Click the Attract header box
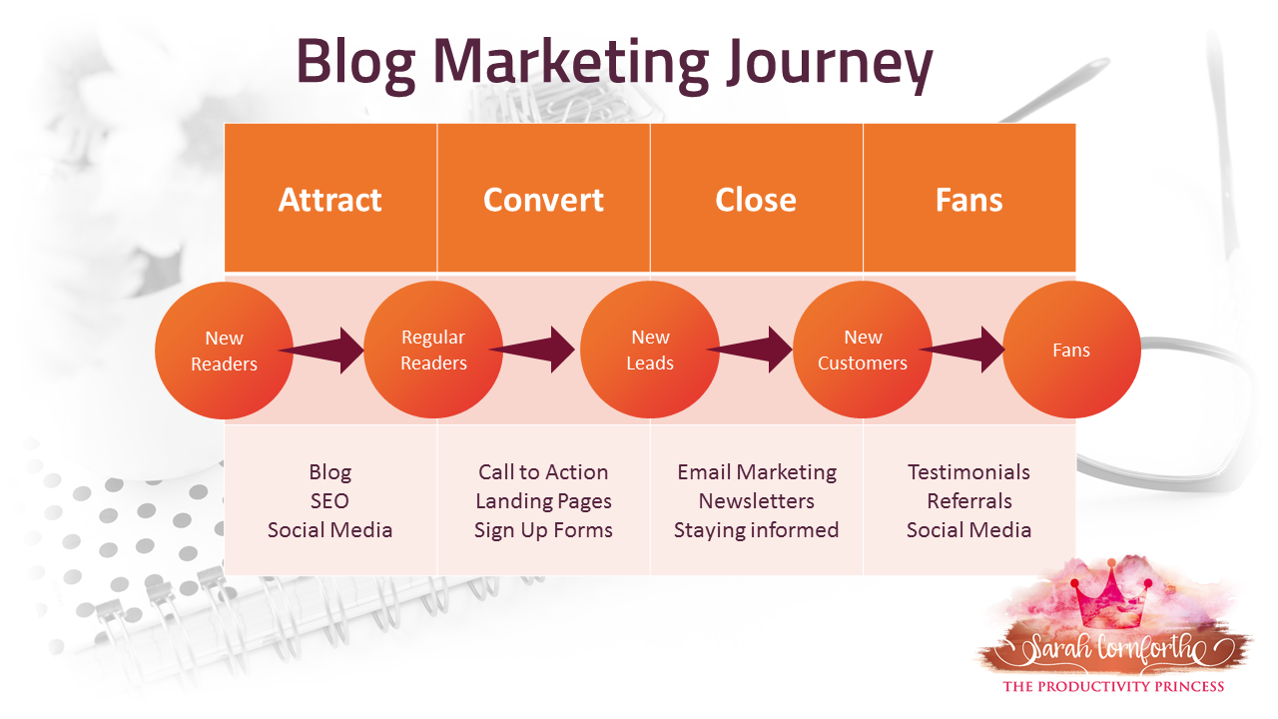[x=330, y=199]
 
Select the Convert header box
[x=543, y=199]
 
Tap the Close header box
[x=756, y=199]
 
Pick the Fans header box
[x=968, y=199]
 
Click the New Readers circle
[x=224, y=351]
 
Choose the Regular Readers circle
[x=433, y=350]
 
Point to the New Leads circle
[x=649, y=350]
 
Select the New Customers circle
[x=862, y=350]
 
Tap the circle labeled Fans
[x=1071, y=350]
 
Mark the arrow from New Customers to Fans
[x=964, y=350]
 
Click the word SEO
[x=329, y=501]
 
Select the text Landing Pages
[x=543, y=501]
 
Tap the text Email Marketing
[x=757, y=472]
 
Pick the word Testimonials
[x=968, y=472]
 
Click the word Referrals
[x=968, y=501]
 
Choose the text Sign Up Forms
[x=543, y=530]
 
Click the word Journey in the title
[x=830, y=62]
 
